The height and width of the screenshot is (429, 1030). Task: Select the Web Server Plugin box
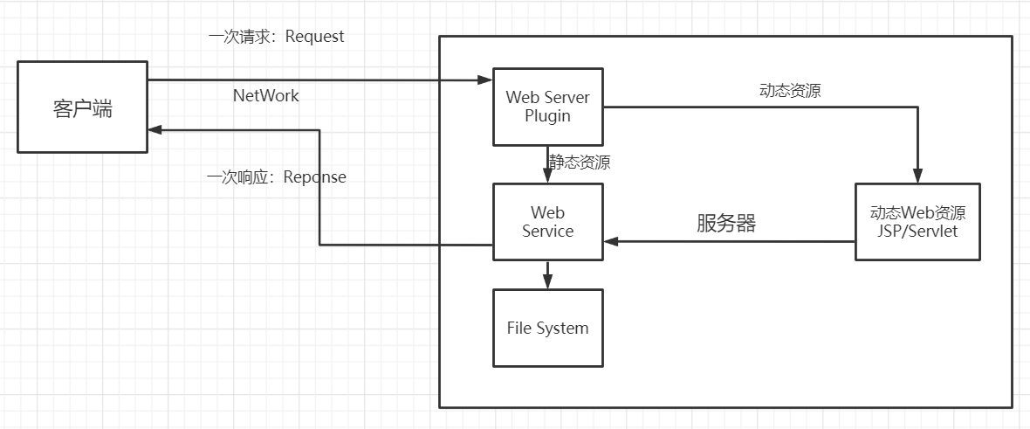[547, 106]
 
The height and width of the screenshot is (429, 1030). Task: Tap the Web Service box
[547, 221]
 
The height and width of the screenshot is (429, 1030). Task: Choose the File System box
[547, 329]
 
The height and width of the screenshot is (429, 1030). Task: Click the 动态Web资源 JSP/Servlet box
[917, 222]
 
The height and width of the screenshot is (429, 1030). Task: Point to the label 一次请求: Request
[276, 37]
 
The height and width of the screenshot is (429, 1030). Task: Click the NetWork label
[265, 95]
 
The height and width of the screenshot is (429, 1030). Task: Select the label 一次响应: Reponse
[276, 177]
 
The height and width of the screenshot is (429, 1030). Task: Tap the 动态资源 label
[790, 91]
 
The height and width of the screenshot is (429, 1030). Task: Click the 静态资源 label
[580, 163]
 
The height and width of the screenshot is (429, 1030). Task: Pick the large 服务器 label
[725, 223]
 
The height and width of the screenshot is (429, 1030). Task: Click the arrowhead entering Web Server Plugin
[486, 80]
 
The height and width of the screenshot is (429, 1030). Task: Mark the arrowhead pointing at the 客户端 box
[154, 130]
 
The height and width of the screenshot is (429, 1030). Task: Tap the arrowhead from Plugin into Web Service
[547, 176]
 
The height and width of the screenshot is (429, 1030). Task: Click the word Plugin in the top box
[547, 116]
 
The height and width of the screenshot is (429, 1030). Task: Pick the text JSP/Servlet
[917, 232]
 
